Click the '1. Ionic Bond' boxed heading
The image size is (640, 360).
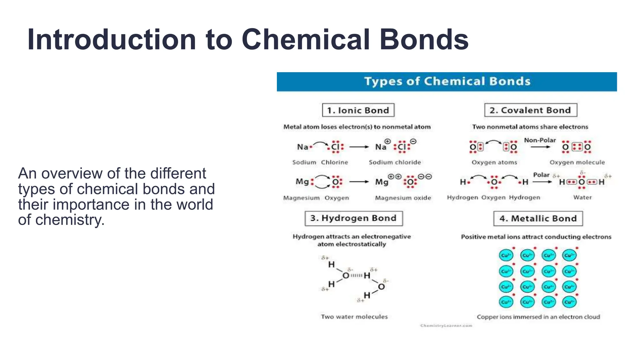[358, 110]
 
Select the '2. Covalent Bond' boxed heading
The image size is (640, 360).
[530, 110]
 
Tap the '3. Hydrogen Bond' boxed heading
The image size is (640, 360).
[353, 218]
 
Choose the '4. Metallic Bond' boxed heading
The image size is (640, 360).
[538, 218]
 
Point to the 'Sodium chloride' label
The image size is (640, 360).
[395, 162]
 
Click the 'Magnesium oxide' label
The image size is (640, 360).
[403, 198]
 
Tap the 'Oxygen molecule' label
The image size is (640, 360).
[577, 162]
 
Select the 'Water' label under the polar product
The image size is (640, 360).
[582, 197]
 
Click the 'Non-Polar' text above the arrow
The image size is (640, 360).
[540, 140]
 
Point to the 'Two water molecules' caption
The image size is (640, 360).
[354, 317]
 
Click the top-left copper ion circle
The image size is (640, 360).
[506, 255]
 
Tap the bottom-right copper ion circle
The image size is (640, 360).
[569, 302]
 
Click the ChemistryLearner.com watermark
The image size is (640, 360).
[446, 326]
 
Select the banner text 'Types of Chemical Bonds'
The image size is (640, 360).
[447, 82]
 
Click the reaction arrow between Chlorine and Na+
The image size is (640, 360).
[359, 147]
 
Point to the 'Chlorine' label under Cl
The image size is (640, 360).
[334, 162]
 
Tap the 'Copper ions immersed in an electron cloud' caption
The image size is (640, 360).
[538, 317]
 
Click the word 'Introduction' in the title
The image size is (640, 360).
[112, 40]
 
